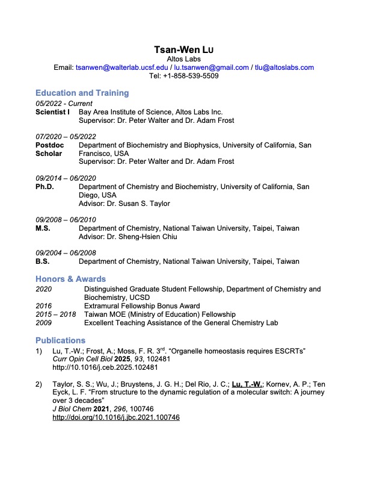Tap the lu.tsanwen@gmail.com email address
[211, 68]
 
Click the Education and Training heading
[82, 93]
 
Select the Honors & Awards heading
[70, 279]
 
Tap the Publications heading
[60, 340]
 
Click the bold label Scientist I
[52, 112]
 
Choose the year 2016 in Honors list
[44, 306]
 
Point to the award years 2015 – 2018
[56, 314]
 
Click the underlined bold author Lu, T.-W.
[246, 384]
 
